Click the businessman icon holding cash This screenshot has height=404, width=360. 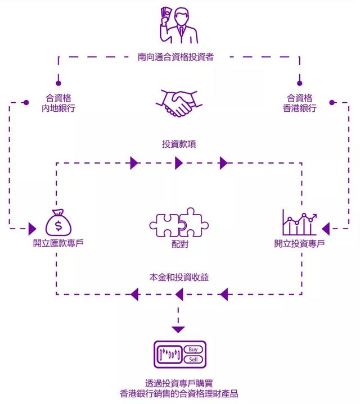click(x=179, y=25)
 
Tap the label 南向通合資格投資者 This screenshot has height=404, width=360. click(x=175, y=57)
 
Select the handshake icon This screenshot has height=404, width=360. click(x=179, y=103)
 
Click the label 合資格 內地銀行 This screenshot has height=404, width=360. click(x=58, y=103)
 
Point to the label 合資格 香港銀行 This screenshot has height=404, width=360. click(x=299, y=103)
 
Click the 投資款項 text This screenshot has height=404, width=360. click(x=179, y=144)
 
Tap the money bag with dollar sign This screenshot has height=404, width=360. click(x=58, y=222)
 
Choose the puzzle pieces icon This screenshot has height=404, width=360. click(x=179, y=223)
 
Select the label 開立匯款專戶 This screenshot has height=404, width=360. click(x=58, y=243)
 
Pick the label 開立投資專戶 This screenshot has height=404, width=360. click(x=299, y=243)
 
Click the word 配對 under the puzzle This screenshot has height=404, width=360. click(x=180, y=244)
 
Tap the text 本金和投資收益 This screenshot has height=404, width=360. click(x=179, y=277)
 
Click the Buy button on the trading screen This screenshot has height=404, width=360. click(x=193, y=349)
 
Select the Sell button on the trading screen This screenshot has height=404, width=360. click(x=193, y=360)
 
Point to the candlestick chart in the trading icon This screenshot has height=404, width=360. click(x=169, y=355)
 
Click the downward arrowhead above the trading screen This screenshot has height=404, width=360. click(x=178, y=329)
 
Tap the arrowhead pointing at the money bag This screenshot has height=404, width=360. click(x=32, y=229)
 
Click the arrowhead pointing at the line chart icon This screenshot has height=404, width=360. click(x=326, y=229)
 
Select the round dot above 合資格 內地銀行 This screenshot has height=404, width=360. click(x=58, y=83)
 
